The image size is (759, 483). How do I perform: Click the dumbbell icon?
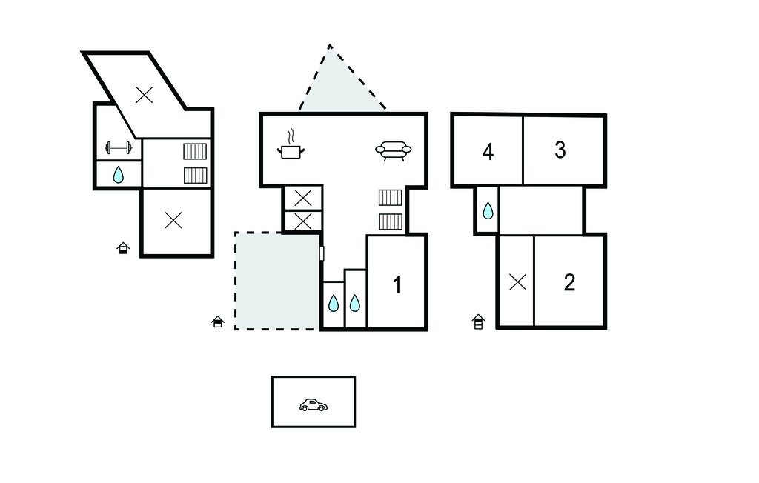click(119, 147)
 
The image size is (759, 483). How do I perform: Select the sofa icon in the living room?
click(394, 150)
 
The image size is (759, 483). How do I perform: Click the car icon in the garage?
click(314, 405)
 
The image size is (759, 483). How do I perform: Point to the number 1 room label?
click(397, 285)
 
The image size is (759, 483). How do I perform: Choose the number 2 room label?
click(570, 283)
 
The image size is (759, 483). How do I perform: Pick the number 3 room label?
click(560, 150)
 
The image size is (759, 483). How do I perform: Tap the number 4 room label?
click(488, 152)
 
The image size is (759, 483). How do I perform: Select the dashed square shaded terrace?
click(277, 282)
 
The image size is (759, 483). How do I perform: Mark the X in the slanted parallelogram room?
click(145, 95)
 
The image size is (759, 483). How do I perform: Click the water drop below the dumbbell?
click(119, 175)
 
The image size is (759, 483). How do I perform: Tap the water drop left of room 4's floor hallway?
click(488, 210)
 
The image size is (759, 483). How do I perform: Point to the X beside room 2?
click(518, 282)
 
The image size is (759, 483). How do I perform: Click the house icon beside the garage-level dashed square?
click(218, 322)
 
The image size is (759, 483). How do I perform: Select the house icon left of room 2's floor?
click(478, 322)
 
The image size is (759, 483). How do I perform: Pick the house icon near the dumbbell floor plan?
click(124, 248)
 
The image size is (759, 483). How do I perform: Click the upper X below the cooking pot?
click(303, 198)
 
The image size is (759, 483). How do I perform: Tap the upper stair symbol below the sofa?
click(390, 198)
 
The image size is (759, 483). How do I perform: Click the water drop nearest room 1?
click(355, 303)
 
